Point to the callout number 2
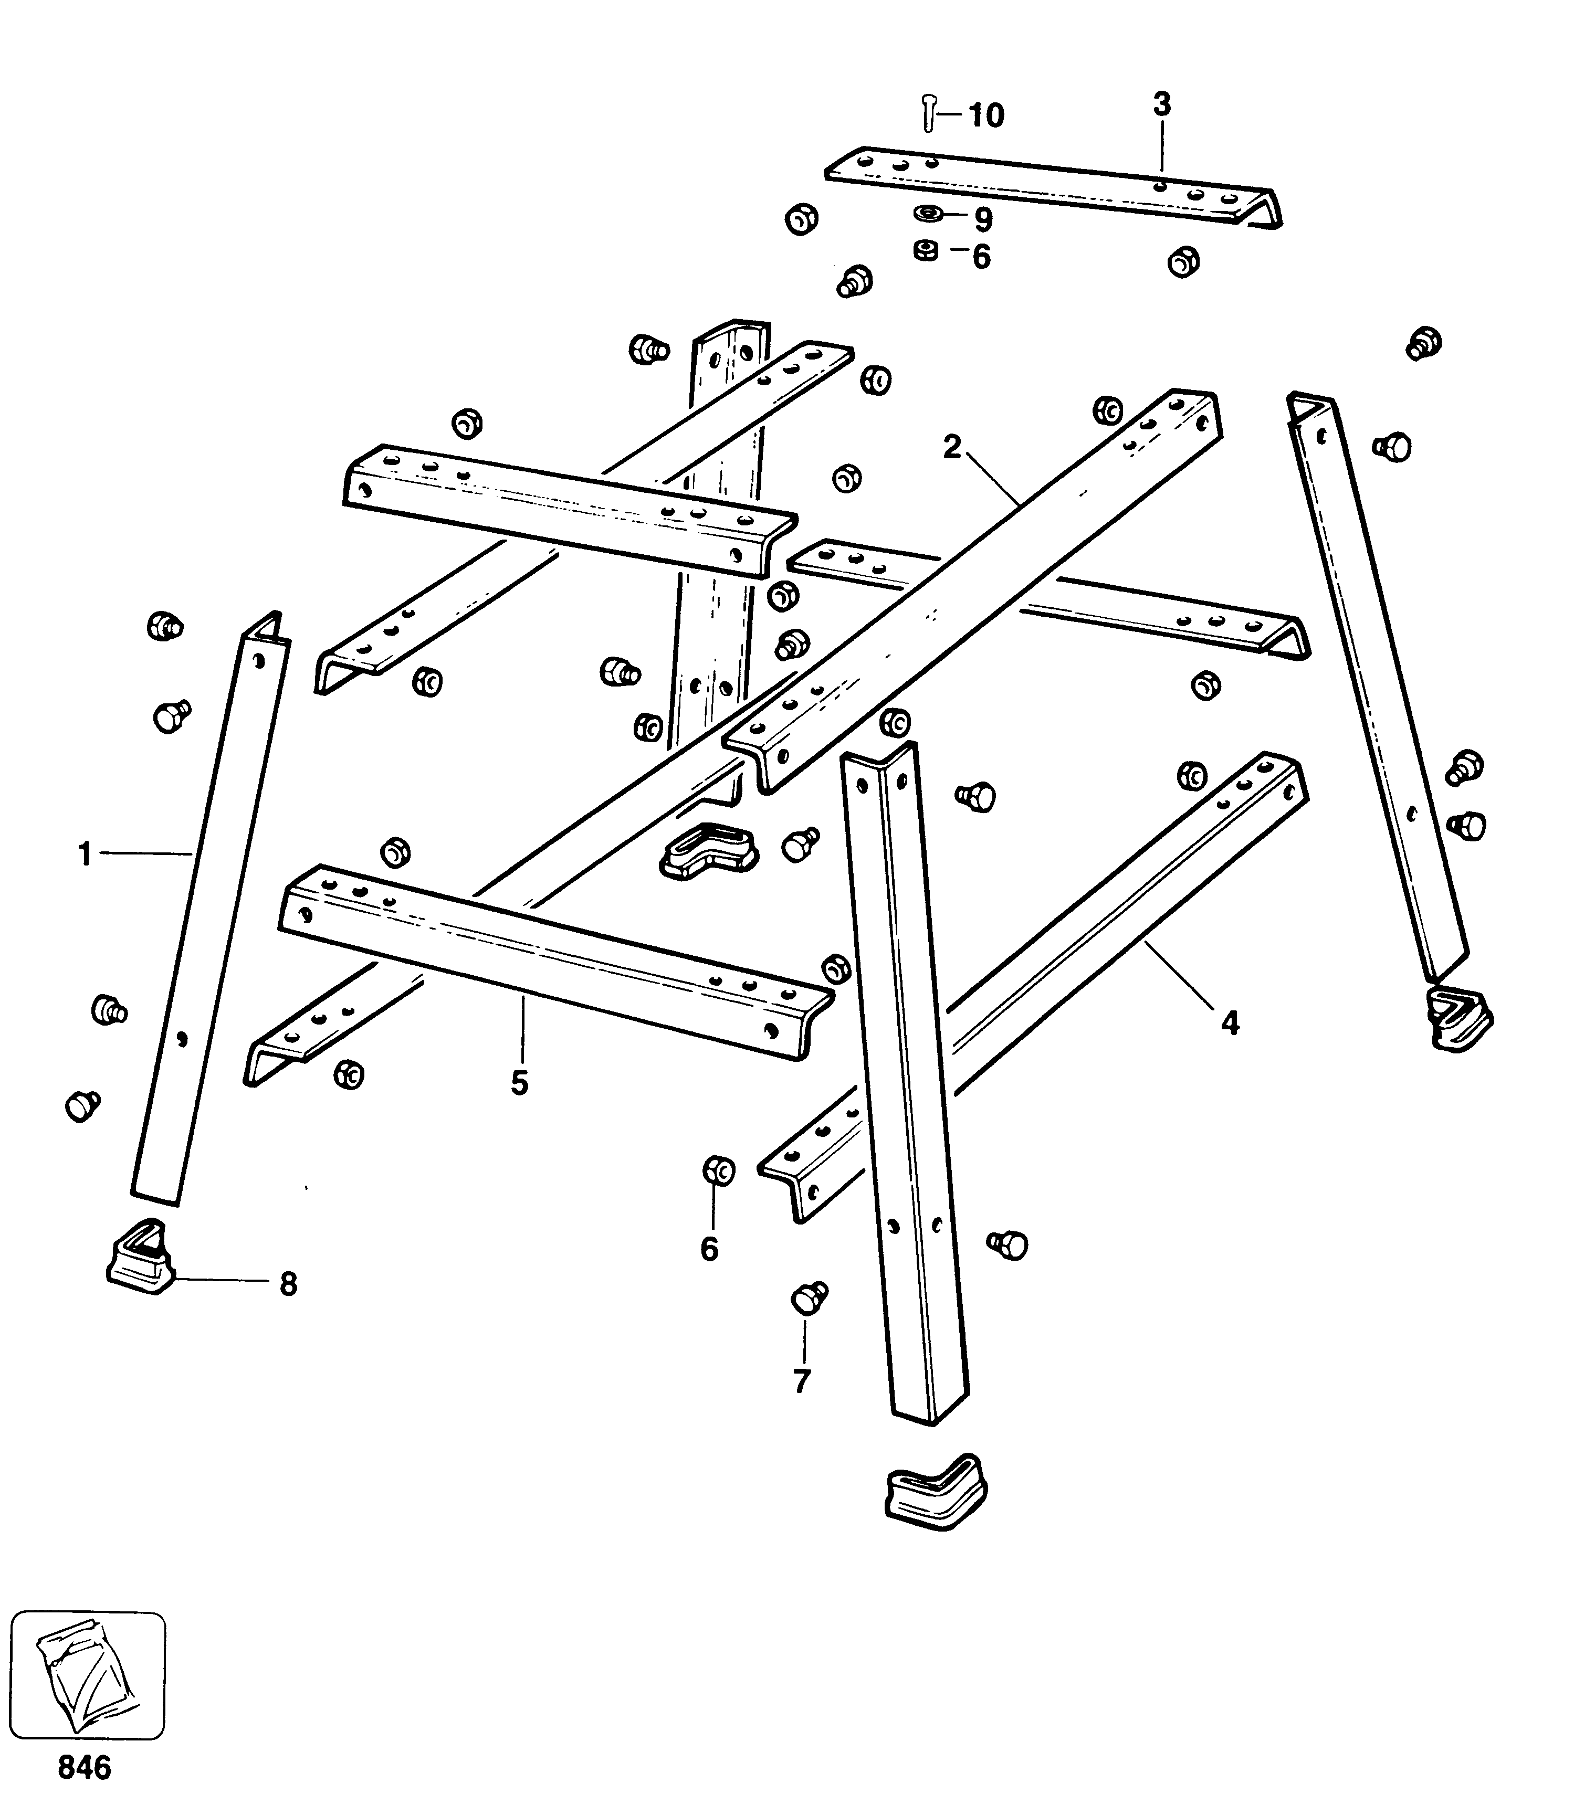pyautogui.click(x=952, y=448)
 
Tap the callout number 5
pyautogui.click(x=520, y=1084)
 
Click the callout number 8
pyautogui.click(x=288, y=1284)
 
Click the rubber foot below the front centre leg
pyautogui.click(x=934, y=1492)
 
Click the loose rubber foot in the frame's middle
pyautogui.click(x=708, y=849)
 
